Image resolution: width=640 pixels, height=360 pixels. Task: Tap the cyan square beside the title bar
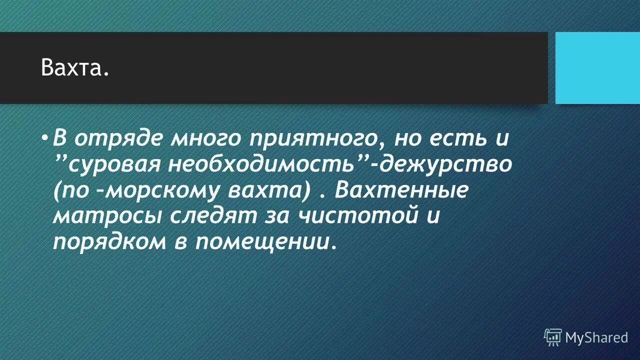point(597,67)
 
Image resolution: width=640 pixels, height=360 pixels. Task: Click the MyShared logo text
point(596,337)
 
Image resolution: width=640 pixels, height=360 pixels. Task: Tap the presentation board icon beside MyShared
point(553,337)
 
